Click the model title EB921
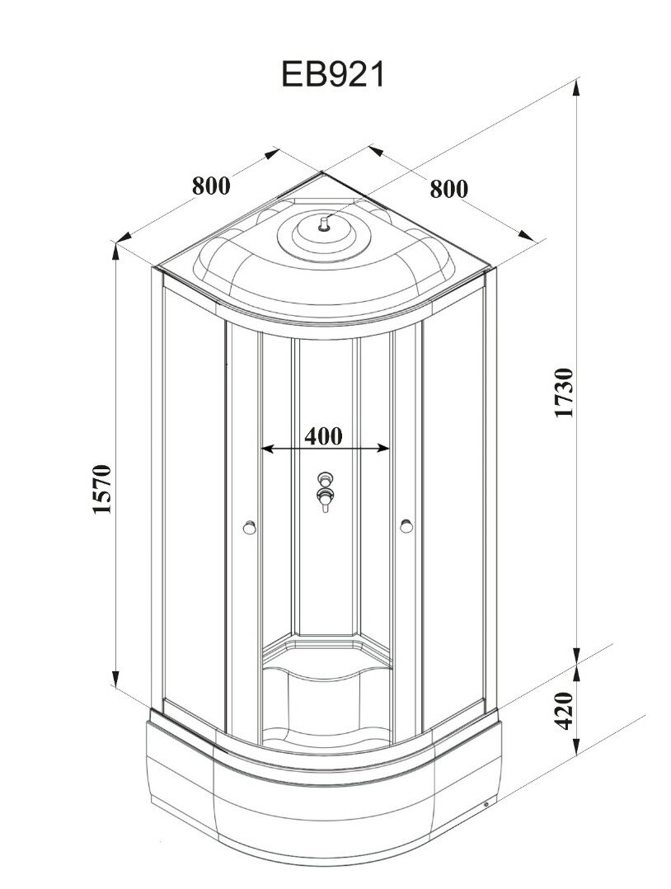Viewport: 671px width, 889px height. click(x=334, y=75)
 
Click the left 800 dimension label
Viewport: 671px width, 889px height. click(x=211, y=186)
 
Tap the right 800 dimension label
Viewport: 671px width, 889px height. click(x=448, y=189)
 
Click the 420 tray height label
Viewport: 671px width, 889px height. click(x=564, y=711)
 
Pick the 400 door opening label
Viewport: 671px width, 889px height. click(x=323, y=435)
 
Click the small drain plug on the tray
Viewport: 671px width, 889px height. click(x=486, y=805)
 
